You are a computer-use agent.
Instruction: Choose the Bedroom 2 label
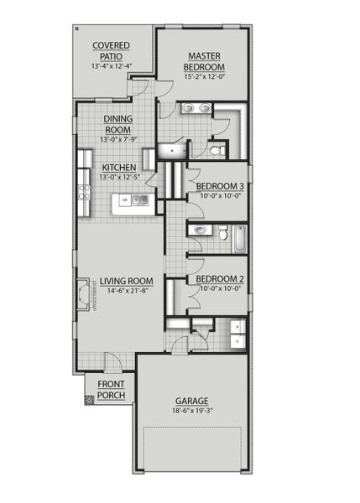(x=220, y=279)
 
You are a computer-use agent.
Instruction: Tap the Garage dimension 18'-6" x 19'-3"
(x=191, y=412)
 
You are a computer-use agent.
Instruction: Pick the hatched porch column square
(x=89, y=400)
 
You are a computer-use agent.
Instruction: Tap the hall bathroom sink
(x=199, y=231)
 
